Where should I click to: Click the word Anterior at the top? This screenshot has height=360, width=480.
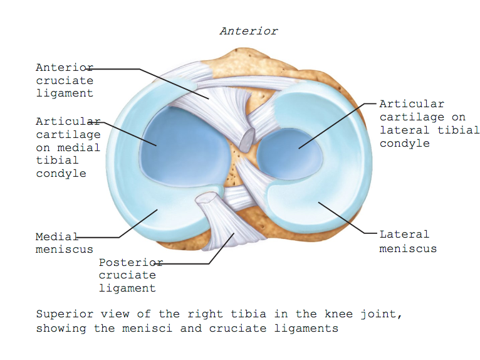[x=249, y=31]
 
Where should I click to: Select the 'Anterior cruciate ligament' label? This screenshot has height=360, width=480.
[x=65, y=80]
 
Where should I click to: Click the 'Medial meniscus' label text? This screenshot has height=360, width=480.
[x=65, y=243]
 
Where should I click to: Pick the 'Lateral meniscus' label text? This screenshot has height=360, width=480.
[x=408, y=241]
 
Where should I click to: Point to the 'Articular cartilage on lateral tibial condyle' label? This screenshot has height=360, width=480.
[x=429, y=124]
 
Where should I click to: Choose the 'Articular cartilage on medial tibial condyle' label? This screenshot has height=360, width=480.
[x=68, y=147]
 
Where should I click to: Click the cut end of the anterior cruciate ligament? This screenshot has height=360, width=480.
[x=247, y=140]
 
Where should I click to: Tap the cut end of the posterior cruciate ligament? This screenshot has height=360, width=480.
[x=207, y=198]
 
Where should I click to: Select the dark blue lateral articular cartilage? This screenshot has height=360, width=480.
[x=290, y=154]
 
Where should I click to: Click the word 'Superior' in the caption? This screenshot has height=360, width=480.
[x=65, y=314]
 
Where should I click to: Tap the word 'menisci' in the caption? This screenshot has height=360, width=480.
[x=147, y=329]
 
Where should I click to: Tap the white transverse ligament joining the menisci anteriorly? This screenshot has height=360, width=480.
[x=248, y=81]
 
